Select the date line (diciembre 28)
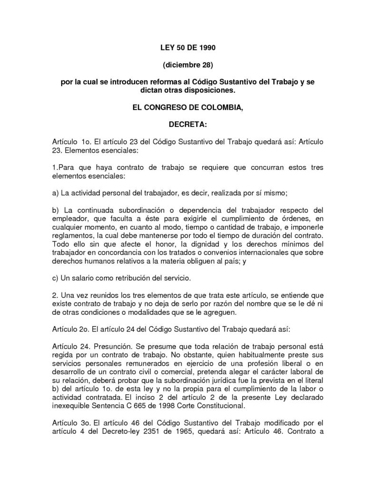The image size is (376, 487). [x=188, y=65]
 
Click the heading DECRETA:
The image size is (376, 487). [x=188, y=126]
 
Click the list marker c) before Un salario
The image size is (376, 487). [x=56, y=277]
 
